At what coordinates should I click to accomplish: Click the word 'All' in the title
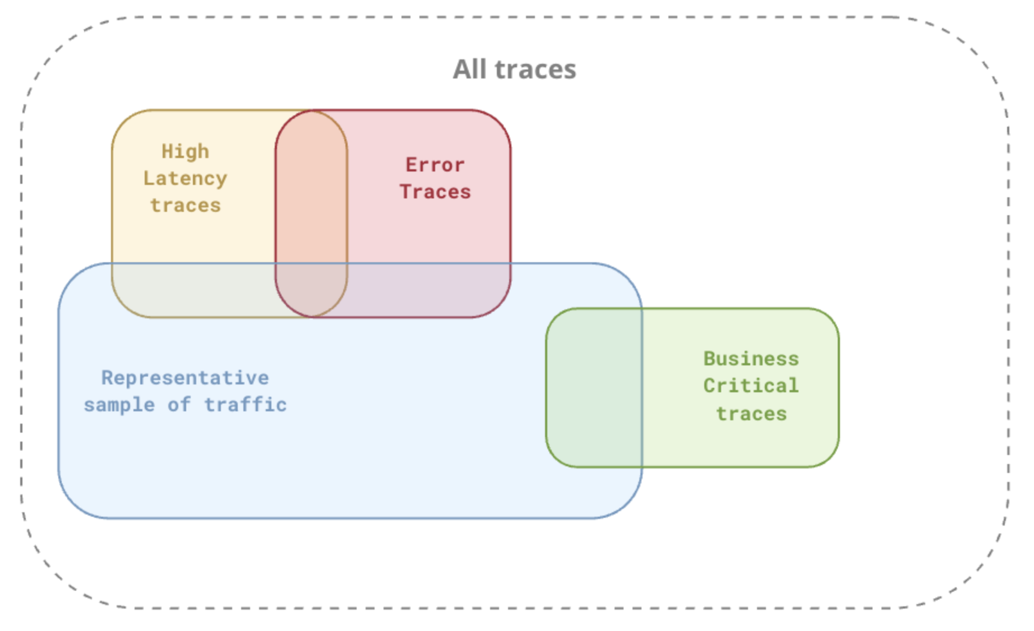(x=469, y=69)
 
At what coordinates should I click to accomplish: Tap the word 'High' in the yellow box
(x=185, y=151)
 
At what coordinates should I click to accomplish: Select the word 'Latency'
(x=185, y=178)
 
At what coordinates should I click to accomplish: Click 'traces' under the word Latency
(x=185, y=205)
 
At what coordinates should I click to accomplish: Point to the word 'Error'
(x=435, y=165)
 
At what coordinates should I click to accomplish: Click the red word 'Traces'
(x=435, y=192)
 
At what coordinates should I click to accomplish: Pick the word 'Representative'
(x=184, y=378)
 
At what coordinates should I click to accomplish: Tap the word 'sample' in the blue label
(x=119, y=405)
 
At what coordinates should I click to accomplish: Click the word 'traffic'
(x=245, y=405)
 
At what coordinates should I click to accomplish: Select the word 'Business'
(x=751, y=359)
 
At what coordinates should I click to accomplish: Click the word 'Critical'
(x=751, y=386)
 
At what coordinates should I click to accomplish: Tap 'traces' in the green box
(x=751, y=414)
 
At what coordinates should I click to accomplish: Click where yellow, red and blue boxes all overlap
(x=311, y=289)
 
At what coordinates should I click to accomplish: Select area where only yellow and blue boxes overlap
(x=193, y=289)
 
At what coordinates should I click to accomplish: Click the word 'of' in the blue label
(x=179, y=405)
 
